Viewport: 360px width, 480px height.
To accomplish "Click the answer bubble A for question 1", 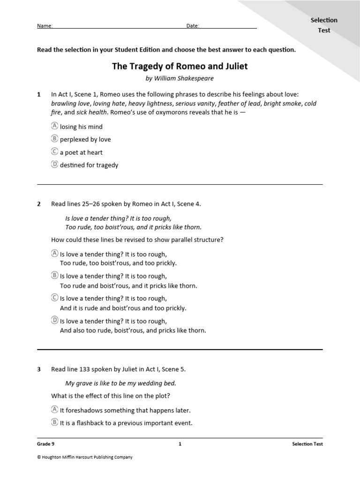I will pos(54,126).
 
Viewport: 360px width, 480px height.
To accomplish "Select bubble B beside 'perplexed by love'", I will pos(54,139).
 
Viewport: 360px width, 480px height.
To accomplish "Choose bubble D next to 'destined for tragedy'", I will pos(54,165).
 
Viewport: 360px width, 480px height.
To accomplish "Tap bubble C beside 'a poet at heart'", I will pos(54,152).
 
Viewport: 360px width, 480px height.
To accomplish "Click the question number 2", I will pos(39,203).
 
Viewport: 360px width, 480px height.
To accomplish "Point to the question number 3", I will pos(39,369).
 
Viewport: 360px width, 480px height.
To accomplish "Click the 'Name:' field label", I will pos(45,26).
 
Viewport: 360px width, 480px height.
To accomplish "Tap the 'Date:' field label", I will pos(193,26).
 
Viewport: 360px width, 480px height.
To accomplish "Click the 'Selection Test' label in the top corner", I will pos(324,25).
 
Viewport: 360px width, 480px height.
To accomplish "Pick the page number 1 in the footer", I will pos(180,444).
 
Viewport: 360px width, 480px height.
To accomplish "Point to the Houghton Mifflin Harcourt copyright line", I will pos(85,457).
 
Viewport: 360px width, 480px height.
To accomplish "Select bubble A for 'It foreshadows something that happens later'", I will pos(54,410).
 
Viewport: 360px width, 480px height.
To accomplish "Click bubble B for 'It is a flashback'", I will pos(54,422).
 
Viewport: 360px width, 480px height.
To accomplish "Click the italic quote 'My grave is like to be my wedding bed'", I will pos(120,383).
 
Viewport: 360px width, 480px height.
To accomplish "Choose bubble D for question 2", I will pos(54,321).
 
